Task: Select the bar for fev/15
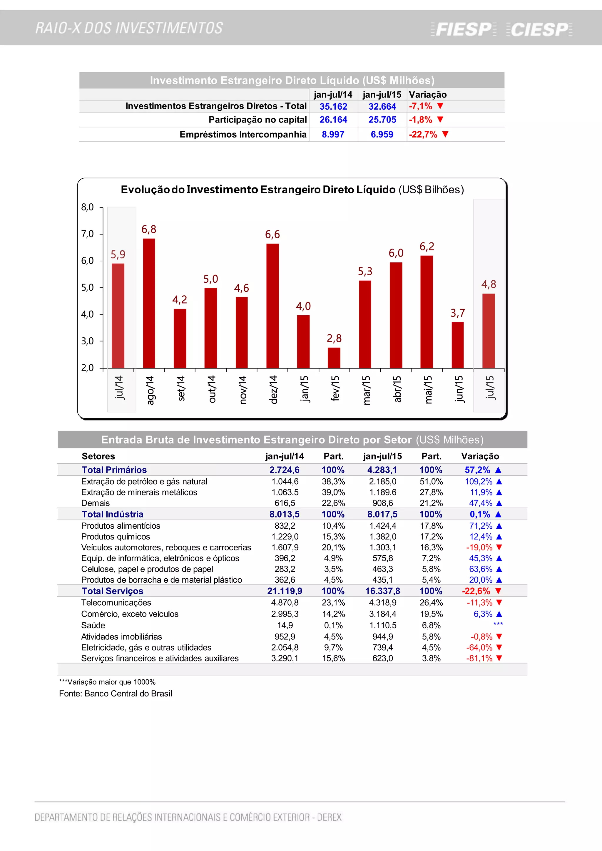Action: tap(334, 358)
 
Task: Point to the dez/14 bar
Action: tap(272, 306)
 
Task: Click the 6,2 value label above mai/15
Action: tap(427, 247)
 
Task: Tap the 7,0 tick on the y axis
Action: tap(88, 234)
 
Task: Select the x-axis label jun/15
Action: tap(459, 389)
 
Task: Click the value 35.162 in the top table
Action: tap(333, 107)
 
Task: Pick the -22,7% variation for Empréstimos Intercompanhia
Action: tap(423, 135)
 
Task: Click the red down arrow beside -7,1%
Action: tap(440, 106)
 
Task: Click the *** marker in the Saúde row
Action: tap(498, 624)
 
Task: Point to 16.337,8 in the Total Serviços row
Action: tap(382, 591)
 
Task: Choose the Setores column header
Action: tap(98, 456)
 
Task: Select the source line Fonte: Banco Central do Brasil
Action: tap(116, 693)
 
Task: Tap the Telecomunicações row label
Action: tap(116, 603)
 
